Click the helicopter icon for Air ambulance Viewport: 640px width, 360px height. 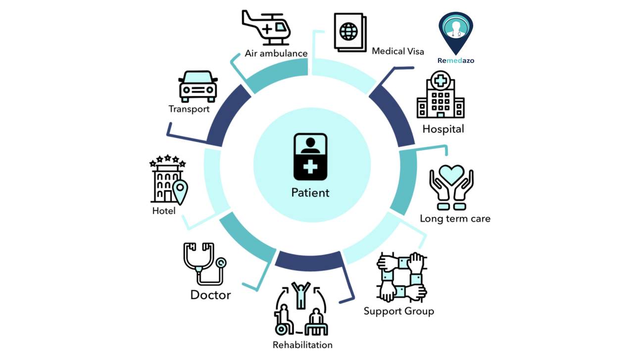(266, 27)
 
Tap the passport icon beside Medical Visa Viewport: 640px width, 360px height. (349, 32)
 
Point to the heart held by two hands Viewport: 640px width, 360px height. (451, 176)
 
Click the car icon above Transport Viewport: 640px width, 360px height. (198, 86)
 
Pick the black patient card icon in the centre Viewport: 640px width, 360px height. (310, 156)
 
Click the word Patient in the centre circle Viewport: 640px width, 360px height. (310, 193)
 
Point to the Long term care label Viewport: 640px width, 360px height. (455, 218)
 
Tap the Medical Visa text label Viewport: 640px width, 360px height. (398, 51)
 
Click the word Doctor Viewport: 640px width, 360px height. (210, 295)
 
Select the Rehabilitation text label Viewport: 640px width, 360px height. (302, 345)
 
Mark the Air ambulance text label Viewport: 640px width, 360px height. (276, 53)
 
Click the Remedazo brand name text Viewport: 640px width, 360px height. (455, 60)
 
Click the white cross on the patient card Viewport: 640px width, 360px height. (310, 168)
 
